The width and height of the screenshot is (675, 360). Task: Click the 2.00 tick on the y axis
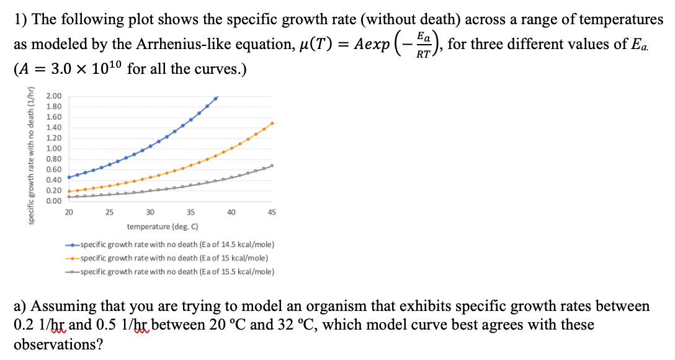[x=55, y=96]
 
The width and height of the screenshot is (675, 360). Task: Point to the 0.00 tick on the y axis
[x=55, y=200]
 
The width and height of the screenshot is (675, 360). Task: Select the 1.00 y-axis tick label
[x=55, y=148]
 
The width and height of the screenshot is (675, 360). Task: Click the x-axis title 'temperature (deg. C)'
[x=163, y=227]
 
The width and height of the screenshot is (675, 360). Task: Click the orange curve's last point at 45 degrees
[x=272, y=123]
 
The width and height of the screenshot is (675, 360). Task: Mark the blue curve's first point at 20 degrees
[x=69, y=177]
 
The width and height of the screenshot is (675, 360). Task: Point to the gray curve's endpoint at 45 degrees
[x=272, y=166]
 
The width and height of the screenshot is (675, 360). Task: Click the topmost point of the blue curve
[x=215, y=97]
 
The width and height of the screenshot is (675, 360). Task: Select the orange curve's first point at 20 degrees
[x=69, y=191]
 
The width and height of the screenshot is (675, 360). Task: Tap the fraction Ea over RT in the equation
[x=422, y=45]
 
